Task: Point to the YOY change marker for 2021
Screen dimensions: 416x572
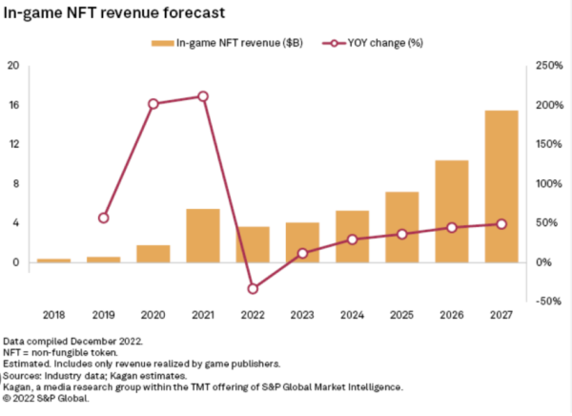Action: (x=202, y=96)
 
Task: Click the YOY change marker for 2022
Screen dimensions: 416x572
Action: (x=253, y=288)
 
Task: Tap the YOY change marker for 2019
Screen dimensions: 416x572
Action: (x=103, y=218)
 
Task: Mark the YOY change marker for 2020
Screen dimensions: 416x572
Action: (x=153, y=103)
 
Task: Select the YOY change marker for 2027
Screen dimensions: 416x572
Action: (x=500, y=224)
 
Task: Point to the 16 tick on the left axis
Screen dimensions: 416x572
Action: (x=13, y=105)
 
